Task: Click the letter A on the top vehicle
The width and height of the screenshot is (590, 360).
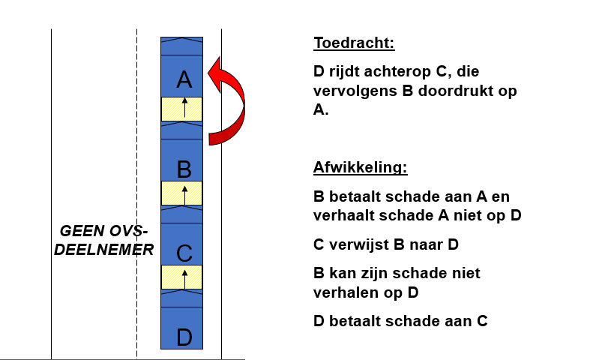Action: tap(184, 79)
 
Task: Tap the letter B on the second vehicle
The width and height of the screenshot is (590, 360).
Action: tap(184, 169)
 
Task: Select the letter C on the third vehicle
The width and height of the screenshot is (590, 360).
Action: tap(184, 253)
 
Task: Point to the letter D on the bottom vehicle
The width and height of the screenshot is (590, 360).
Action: tap(184, 337)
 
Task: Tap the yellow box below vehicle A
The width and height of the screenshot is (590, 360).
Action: tap(181, 109)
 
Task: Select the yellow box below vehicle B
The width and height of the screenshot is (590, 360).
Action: tap(181, 193)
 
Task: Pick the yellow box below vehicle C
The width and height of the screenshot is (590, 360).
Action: tap(181, 277)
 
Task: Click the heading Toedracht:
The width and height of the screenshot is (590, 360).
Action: tap(354, 43)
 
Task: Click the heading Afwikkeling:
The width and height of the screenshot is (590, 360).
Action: tap(360, 167)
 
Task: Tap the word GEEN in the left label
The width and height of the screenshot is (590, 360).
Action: tap(82, 231)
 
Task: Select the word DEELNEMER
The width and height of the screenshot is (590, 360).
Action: tap(104, 250)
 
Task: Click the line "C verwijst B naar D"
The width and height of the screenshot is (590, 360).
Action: tap(385, 244)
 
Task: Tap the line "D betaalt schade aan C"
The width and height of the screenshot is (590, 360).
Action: tap(400, 321)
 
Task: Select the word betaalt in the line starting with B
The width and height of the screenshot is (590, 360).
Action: tap(355, 196)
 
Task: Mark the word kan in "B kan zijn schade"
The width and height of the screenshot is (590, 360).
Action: tap(343, 273)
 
